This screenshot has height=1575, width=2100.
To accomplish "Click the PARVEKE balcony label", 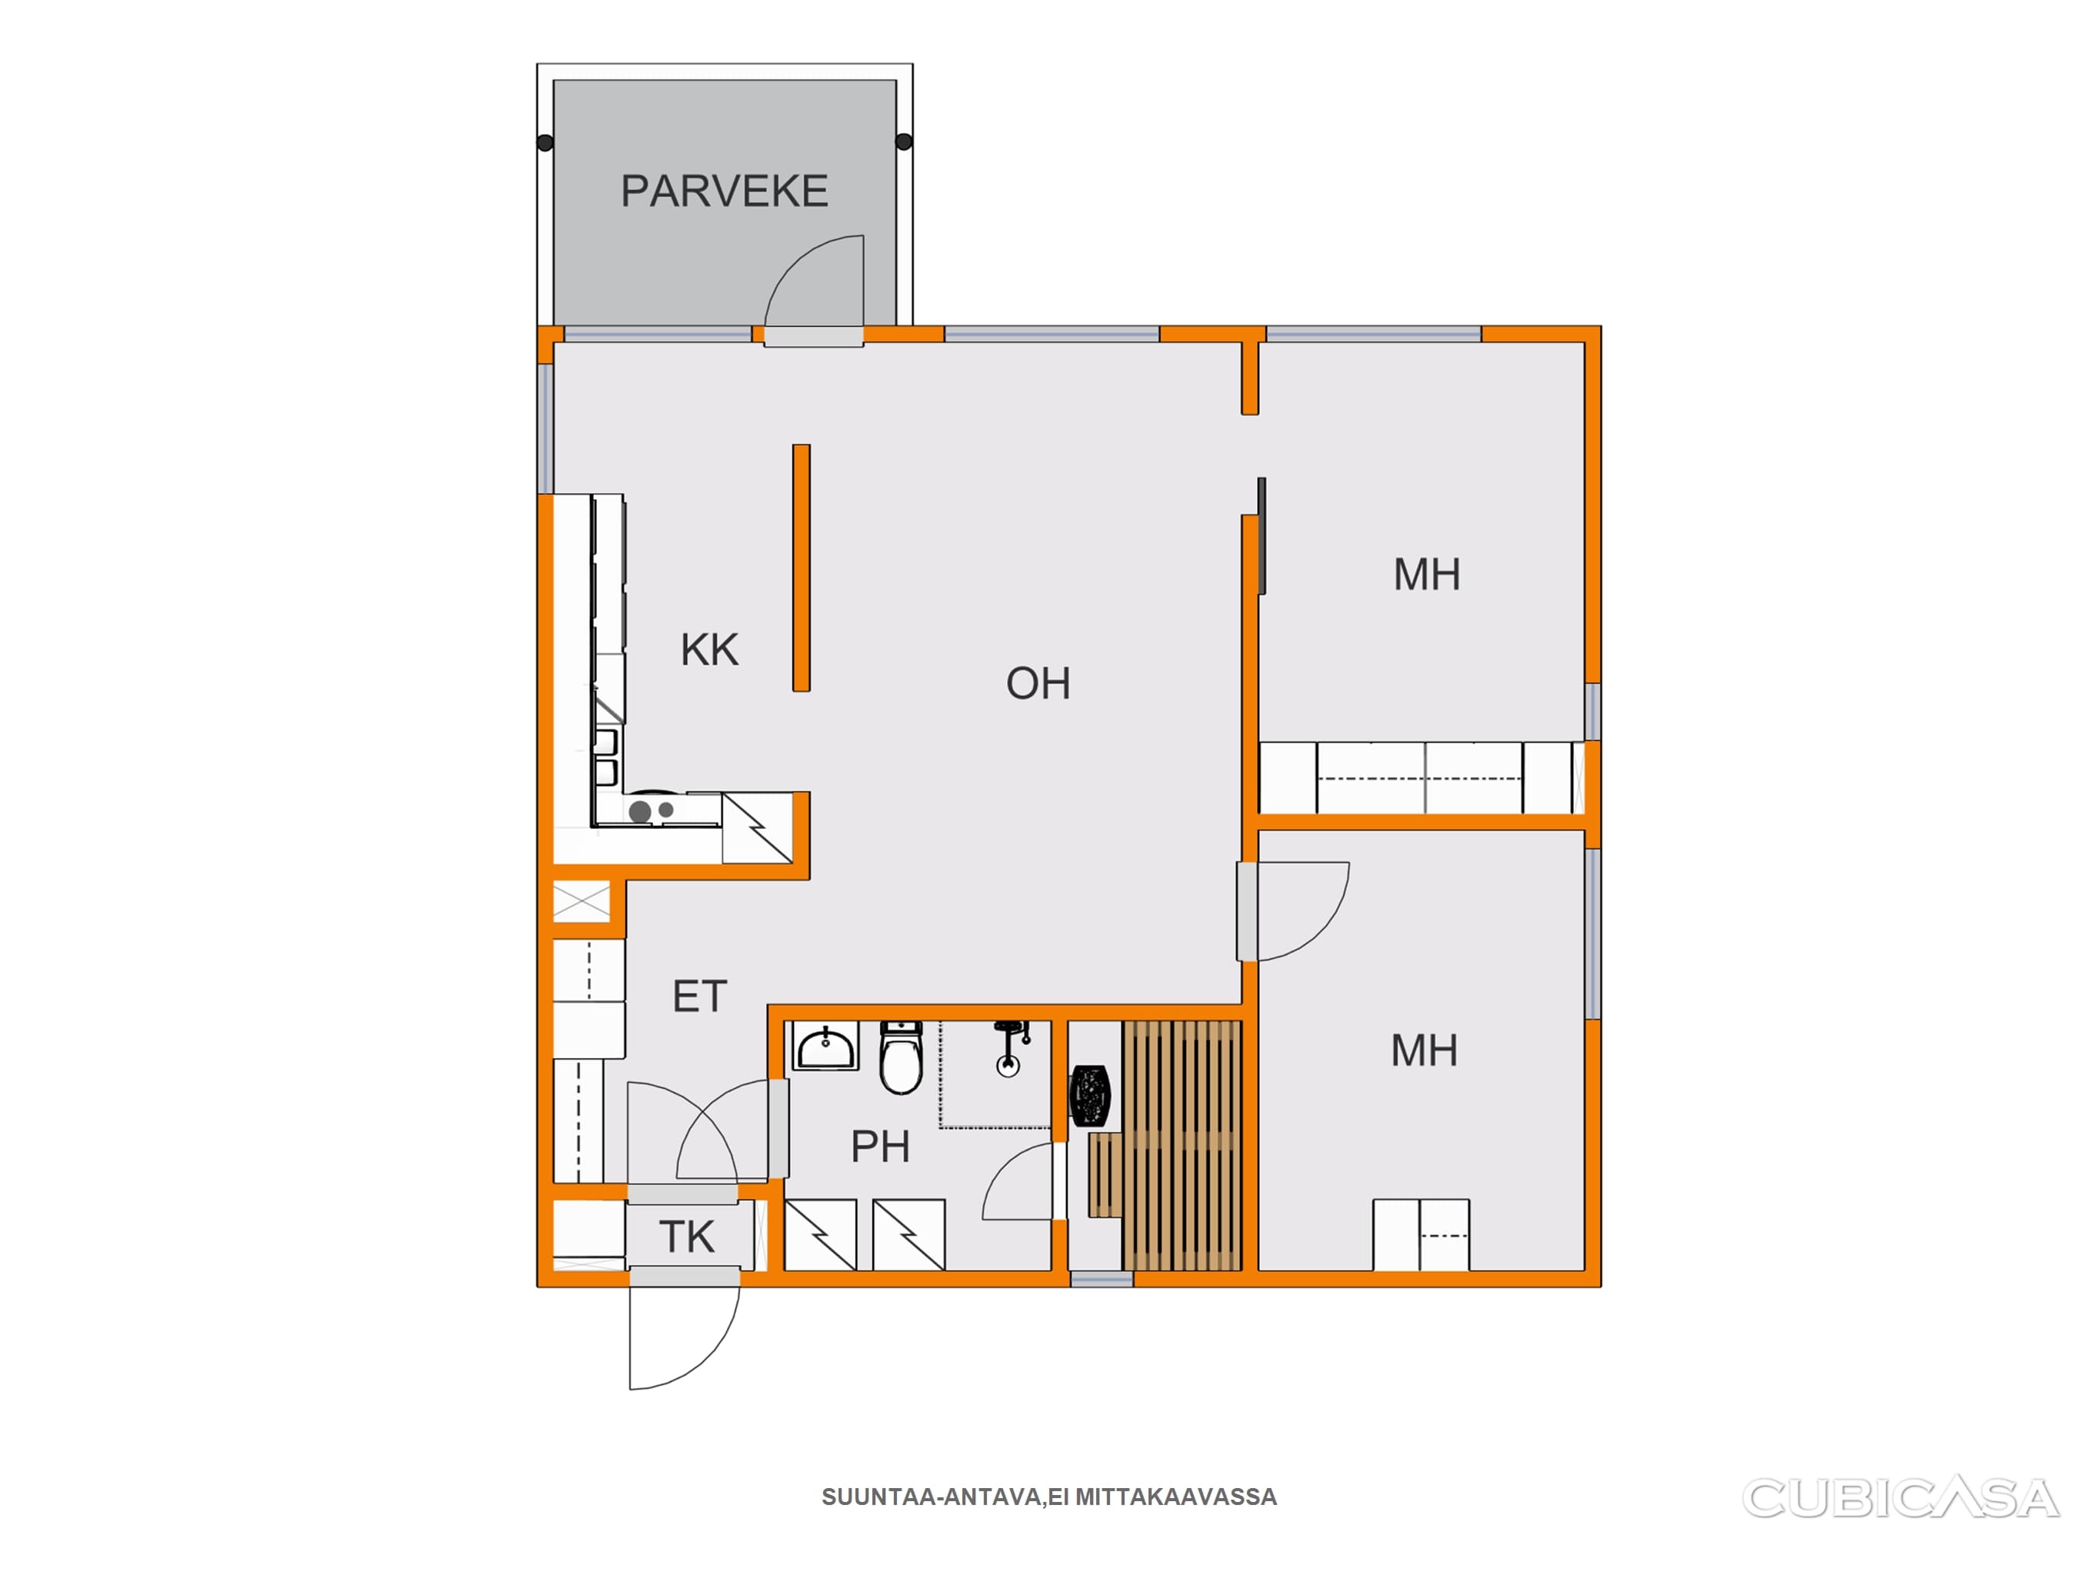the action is coord(725,191).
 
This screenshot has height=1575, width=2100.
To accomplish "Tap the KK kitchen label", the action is coord(709,651).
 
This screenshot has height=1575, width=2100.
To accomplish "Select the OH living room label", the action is coord(1038,684).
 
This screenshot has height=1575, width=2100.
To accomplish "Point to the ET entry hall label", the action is coord(700,997).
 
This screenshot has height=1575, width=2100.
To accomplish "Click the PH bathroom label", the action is coord(880,1147).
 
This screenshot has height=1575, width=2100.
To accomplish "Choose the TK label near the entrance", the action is coord(686,1237).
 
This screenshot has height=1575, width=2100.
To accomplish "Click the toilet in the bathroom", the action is coord(901,1057).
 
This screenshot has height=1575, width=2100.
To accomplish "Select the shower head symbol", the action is coord(1009,1048).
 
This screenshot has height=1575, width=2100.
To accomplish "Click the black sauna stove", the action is coord(1090,1097).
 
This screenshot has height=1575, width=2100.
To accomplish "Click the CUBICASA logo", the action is coord(1901,1498).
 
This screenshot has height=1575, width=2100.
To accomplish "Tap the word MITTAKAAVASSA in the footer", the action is coord(1176,1497).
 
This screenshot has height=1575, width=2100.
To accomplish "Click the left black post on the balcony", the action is coord(545,143).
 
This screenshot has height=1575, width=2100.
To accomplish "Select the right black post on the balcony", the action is coord(904,142).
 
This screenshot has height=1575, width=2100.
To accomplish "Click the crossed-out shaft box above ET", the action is coord(581,901).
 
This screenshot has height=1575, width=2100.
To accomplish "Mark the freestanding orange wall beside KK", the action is coord(802,568).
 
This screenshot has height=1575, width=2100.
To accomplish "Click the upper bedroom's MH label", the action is coord(1427,574).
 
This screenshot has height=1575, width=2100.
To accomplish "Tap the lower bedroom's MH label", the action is coord(1424,1051).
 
